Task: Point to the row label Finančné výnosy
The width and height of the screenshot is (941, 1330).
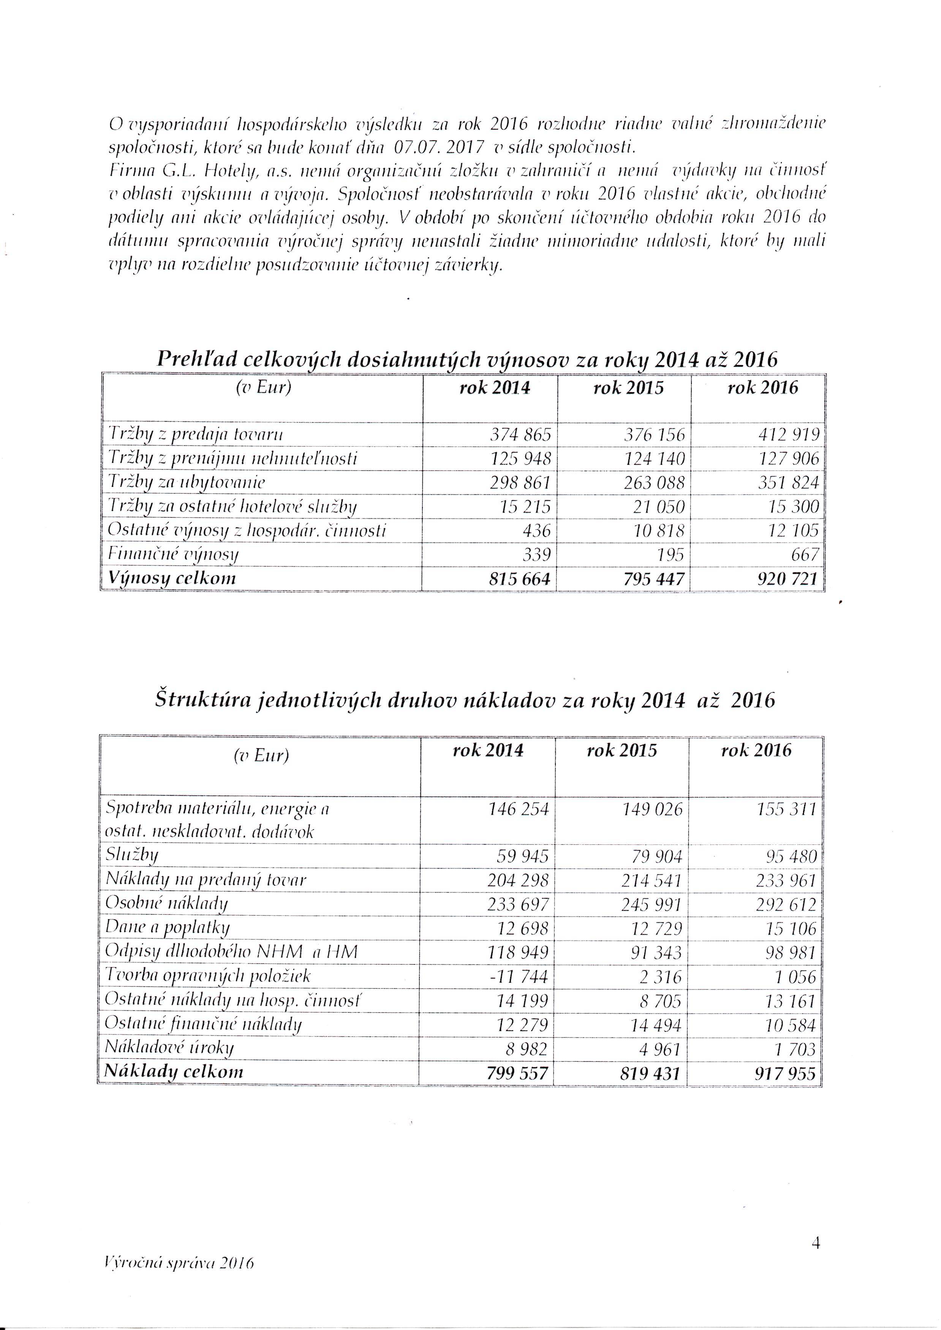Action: click(x=173, y=555)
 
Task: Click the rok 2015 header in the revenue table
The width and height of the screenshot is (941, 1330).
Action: click(x=628, y=388)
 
